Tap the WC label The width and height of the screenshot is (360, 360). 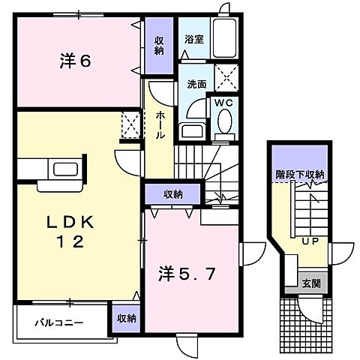pos(224,101)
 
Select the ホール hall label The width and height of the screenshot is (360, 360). pos(160,126)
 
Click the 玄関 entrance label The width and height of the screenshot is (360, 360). pos(310,283)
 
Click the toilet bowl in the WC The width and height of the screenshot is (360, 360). pos(224,122)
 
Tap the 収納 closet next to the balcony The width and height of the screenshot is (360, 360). pos(126,318)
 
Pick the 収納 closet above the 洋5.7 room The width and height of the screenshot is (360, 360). pos(173,194)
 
